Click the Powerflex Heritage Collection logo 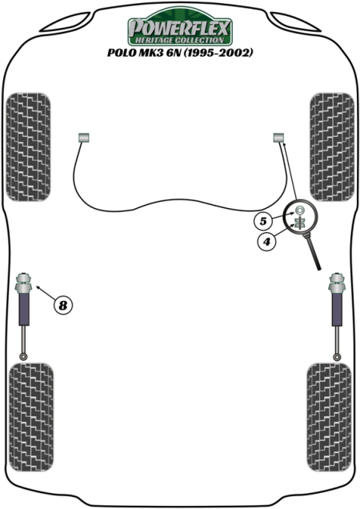point(179,27)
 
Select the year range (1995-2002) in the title point(218,53)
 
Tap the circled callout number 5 point(263,221)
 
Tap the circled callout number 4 point(266,242)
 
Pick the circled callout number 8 point(62,305)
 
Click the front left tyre point(29,147)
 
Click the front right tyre point(332,147)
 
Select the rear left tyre point(31,417)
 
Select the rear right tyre point(329,417)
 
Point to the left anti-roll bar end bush point(84,138)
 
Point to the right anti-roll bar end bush point(278,138)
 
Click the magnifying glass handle point(314,252)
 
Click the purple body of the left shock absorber point(24,310)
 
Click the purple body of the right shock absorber point(337,310)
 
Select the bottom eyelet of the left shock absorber point(23,357)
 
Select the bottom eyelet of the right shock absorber point(338,357)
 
